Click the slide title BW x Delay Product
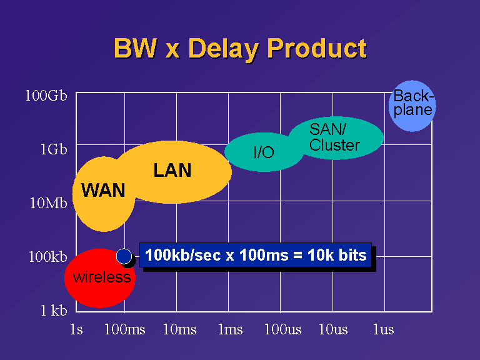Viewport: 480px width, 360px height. (240, 49)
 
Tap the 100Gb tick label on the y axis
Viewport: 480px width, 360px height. (46, 96)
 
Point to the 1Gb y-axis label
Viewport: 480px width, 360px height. (54, 149)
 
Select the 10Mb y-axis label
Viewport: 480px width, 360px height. (48, 202)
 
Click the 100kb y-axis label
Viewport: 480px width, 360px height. (47, 256)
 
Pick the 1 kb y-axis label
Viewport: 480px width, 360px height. (54, 311)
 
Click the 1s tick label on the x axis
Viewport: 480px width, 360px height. (76, 329)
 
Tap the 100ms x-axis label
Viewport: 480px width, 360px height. (124, 329)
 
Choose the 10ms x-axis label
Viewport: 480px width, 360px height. (180, 329)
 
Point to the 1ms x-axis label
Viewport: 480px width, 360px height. (231, 329)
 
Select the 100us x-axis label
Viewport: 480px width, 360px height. (283, 329)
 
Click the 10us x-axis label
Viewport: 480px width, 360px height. (333, 329)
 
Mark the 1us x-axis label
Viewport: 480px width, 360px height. (383, 329)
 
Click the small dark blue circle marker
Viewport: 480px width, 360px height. (124, 256)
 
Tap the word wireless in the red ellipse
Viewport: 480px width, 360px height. (102, 277)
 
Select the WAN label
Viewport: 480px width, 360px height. (103, 190)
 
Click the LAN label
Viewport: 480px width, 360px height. (172, 170)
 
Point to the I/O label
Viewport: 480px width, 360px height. (264, 152)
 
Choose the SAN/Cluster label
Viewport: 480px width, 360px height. (334, 137)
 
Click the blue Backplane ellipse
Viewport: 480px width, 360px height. (412, 106)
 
